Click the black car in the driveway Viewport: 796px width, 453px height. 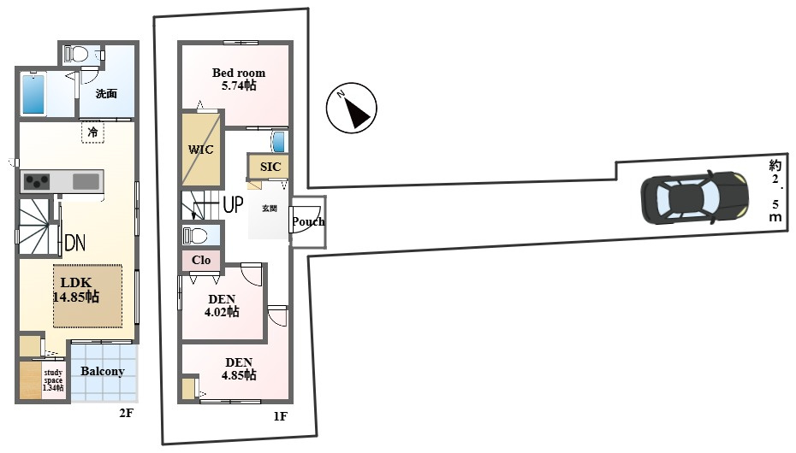pyautogui.click(x=694, y=197)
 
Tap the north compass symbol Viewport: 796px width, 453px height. pyautogui.click(x=351, y=108)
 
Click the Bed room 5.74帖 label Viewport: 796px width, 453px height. pyautogui.click(x=239, y=79)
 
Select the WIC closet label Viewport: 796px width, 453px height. pyautogui.click(x=200, y=150)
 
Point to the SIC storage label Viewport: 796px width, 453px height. pyautogui.click(x=270, y=167)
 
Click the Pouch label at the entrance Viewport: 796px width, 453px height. pyautogui.click(x=308, y=221)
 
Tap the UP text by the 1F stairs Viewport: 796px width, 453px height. pyautogui.click(x=233, y=205)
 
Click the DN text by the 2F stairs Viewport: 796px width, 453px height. pyautogui.click(x=75, y=244)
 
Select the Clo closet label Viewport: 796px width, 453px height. pyautogui.click(x=201, y=260)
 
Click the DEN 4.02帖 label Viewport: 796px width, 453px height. pyautogui.click(x=222, y=305)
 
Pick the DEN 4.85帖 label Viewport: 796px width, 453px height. pyautogui.click(x=239, y=369)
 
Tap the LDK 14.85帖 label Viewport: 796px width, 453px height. pyautogui.click(x=76, y=290)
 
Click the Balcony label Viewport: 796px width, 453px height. pyautogui.click(x=103, y=371)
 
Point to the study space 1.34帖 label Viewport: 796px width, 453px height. pyautogui.click(x=53, y=380)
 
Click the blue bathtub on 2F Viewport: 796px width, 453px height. pyautogui.click(x=33, y=94)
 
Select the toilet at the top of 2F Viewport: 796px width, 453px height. pyautogui.click(x=77, y=53)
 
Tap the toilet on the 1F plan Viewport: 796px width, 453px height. pyautogui.click(x=195, y=236)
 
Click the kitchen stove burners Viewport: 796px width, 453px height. pyautogui.click(x=37, y=181)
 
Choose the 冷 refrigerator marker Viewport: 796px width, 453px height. pyautogui.click(x=93, y=132)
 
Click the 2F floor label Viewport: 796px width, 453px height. pyautogui.click(x=126, y=413)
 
